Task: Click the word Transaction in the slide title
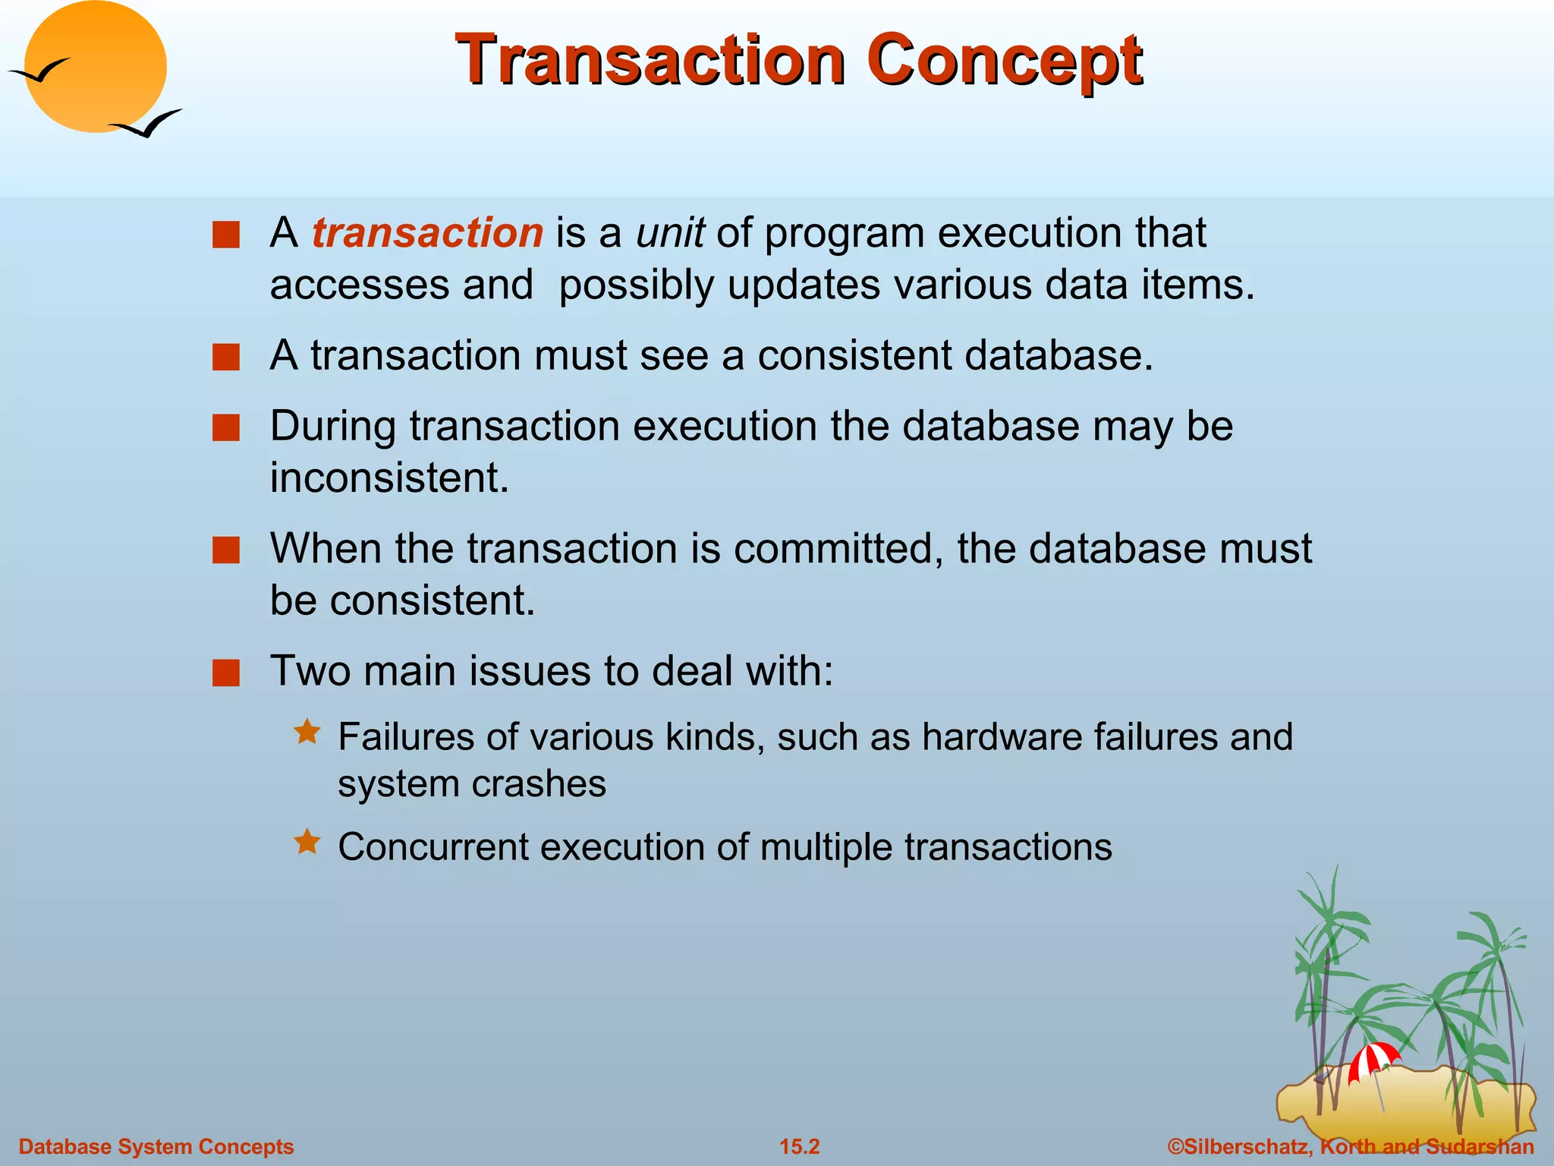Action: coord(651,61)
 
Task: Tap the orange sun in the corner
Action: coord(96,67)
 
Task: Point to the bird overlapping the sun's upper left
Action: coord(39,71)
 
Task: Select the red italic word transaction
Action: coord(427,232)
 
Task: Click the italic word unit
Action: coord(670,232)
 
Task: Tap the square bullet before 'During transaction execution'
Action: coord(226,427)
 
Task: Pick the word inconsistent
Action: coord(389,478)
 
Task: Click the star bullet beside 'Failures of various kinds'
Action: coord(307,733)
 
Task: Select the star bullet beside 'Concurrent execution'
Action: coord(307,843)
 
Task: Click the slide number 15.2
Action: coord(800,1146)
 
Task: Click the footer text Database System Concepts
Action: coord(156,1146)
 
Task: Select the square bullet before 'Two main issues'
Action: coord(226,673)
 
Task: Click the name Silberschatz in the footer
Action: coord(1244,1146)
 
